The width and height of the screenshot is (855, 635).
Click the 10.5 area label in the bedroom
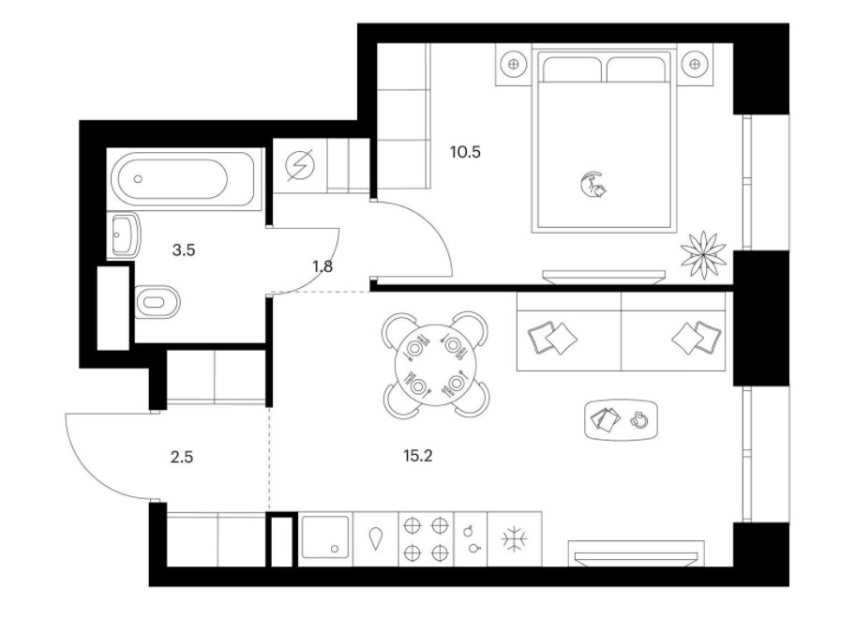point(465,152)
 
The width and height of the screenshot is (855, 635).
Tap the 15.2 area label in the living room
point(418,456)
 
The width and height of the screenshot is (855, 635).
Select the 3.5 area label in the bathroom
point(183,250)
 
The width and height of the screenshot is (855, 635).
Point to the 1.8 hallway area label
point(322,266)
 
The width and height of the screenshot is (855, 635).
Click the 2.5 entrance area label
point(182,457)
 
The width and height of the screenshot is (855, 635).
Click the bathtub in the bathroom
point(169,178)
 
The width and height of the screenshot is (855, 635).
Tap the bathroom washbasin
point(125,235)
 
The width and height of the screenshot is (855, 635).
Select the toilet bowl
point(157,302)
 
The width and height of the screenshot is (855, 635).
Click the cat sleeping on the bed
point(593,185)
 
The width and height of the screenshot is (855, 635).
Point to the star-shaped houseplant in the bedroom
point(703,253)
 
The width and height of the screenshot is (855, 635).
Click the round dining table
point(435,365)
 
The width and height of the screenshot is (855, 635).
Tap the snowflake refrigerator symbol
point(514,539)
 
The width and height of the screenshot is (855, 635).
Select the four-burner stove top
point(427,539)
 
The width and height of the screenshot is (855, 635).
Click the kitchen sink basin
point(325,537)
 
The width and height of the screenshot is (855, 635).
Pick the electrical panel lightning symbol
point(300,165)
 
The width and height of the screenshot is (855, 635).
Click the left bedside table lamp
point(513,64)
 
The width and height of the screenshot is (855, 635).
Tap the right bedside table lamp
point(694,64)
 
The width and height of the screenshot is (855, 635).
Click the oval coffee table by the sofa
point(621,420)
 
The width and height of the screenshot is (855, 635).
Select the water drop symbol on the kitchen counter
point(376,538)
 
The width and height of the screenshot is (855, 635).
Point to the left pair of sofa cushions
point(552,338)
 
